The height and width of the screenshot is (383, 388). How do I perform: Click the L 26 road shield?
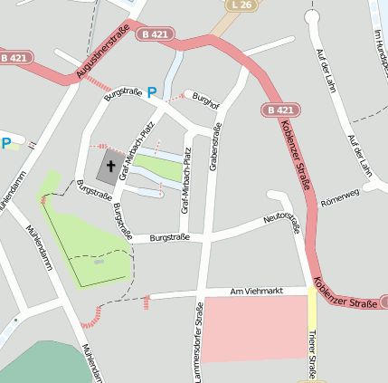pyautogui.click(x=240, y=6)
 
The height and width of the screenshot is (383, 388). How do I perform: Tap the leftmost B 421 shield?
pyautogui.click(x=13, y=58)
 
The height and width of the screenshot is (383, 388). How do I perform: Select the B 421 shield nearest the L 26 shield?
pyautogui.click(x=155, y=34)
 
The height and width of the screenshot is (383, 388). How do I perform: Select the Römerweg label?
pyautogui.click(x=340, y=196)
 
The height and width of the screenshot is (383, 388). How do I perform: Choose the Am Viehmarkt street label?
pyautogui.click(x=257, y=291)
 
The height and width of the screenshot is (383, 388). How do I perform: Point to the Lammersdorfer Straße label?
pyautogui.click(x=198, y=344)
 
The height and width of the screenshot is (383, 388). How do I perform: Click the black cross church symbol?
pyautogui.click(x=112, y=167)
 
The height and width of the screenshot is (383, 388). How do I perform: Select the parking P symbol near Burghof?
pyautogui.click(x=152, y=91)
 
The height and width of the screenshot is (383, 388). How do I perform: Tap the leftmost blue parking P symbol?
pyautogui.click(x=6, y=143)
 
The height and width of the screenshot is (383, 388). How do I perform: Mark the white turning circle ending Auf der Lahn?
pyautogui.click(x=313, y=17)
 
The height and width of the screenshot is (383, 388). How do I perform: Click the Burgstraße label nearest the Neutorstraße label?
pyautogui.click(x=169, y=237)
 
